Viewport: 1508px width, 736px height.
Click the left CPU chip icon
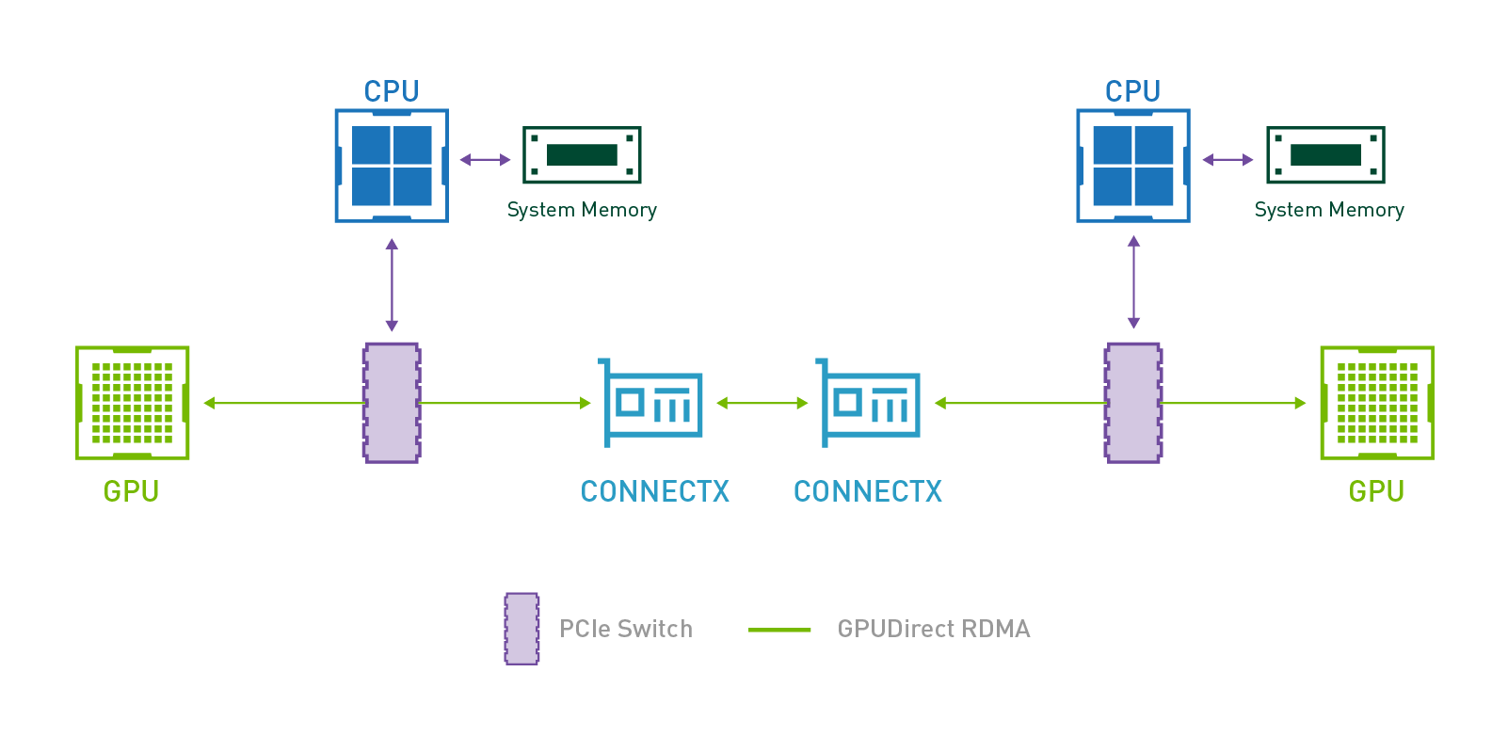pyautogui.click(x=392, y=166)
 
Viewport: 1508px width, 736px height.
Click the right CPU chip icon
pyautogui.click(x=1133, y=166)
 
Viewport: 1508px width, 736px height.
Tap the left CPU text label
pyautogui.click(x=392, y=91)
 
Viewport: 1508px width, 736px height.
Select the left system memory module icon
pyautogui.click(x=582, y=155)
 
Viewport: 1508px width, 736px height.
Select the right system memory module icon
pyautogui.click(x=1325, y=155)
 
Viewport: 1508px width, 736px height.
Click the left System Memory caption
pyautogui.click(x=582, y=210)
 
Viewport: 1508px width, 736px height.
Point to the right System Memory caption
pyautogui.click(x=1329, y=210)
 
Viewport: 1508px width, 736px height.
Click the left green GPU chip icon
pyautogui.click(x=133, y=403)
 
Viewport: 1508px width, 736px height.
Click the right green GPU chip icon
pyautogui.click(x=1377, y=403)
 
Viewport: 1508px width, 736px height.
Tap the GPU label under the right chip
pyautogui.click(x=1376, y=491)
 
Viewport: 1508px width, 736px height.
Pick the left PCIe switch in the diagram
pyautogui.click(x=392, y=403)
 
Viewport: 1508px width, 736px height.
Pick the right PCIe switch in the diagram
pyautogui.click(x=1133, y=403)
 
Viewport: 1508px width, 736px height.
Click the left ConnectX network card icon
pyautogui.click(x=651, y=403)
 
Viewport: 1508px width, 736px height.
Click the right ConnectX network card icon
pyautogui.click(x=869, y=403)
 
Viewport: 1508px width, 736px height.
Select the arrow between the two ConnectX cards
pyautogui.click(x=762, y=403)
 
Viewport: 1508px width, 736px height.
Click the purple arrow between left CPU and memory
pyautogui.click(x=485, y=159)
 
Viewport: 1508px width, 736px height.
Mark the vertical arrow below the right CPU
pyautogui.click(x=1133, y=282)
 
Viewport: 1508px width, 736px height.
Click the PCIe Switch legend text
pyautogui.click(x=626, y=629)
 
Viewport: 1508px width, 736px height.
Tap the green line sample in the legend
pyautogui.click(x=779, y=630)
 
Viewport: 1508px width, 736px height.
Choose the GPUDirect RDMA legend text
pyautogui.click(x=934, y=629)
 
